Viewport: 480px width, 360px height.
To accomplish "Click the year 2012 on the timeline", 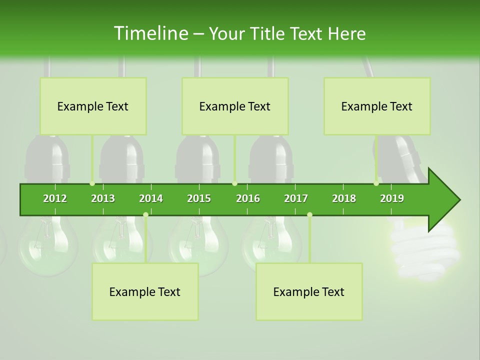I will (x=55, y=198).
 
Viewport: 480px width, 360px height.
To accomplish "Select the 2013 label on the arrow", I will (x=103, y=198).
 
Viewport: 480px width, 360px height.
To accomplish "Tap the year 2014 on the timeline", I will (x=151, y=198).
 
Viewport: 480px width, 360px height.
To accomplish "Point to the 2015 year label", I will (x=199, y=198).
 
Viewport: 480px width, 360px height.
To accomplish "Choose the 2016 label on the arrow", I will (x=248, y=198).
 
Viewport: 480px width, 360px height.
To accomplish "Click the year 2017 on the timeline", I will (x=296, y=198).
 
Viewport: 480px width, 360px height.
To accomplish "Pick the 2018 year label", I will (x=344, y=198).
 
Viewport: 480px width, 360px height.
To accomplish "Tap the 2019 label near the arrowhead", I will (x=392, y=198).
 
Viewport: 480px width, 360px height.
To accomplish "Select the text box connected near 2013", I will (x=93, y=106).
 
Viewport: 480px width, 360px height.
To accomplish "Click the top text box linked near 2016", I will (x=235, y=106).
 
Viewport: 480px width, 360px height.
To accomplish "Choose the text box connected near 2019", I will (x=377, y=106).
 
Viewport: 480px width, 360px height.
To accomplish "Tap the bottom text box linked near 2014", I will (x=145, y=291).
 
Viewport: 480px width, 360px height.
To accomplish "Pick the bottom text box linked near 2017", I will (x=309, y=291).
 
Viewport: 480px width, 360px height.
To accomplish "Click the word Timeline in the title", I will (x=150, y=33).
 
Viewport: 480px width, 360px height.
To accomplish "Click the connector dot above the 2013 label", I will (x=92, y=183).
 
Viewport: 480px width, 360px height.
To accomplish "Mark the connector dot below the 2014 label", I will (x=145, y=214).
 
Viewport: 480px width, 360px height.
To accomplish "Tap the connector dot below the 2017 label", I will (x=309, y=214).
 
